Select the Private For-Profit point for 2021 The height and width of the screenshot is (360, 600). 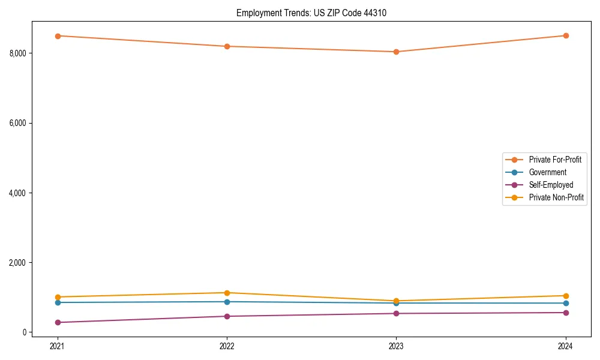[58, 36]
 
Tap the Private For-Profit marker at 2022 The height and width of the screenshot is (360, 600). [227, 46]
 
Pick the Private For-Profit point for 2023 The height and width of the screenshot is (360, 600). [396, 52]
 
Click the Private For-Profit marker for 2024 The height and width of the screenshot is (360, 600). [566, 35]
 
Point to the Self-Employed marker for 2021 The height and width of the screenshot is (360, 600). [58, 322]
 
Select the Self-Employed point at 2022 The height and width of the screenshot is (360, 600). [227, 316]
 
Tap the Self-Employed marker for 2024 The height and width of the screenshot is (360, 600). [566, 313]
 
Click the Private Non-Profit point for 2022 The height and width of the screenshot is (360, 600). [227, 293]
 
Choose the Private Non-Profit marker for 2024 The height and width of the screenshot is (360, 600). [566, 296]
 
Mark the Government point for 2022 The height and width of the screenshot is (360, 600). [227, 302]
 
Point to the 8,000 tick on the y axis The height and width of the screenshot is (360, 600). [18, 53]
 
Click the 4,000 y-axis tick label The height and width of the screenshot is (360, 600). [18, 193]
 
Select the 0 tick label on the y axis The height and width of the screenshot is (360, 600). [25, 332]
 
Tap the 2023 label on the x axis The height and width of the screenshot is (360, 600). [396, 346]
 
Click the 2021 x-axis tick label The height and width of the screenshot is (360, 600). [58, 346]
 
